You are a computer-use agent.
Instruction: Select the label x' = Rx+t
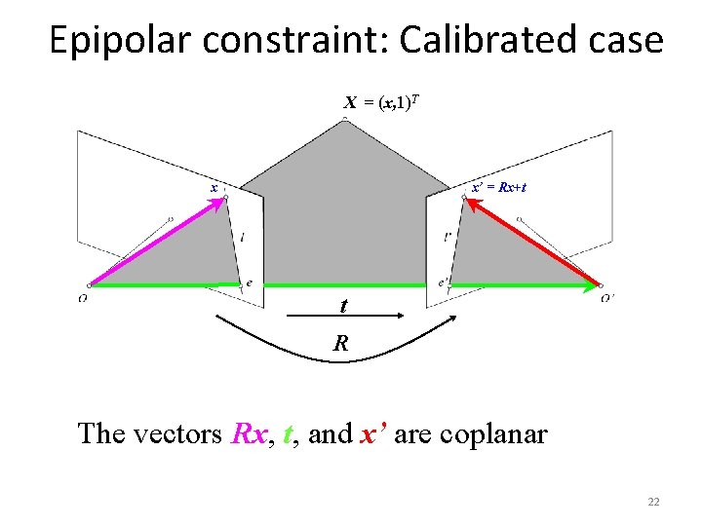tap(499, 187)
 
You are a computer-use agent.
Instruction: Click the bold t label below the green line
tap(343, 305)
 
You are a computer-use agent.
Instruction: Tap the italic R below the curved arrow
tap(340, 343)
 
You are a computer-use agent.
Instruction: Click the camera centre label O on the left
tap(83, 297)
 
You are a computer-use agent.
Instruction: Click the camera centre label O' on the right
tap(607, 297)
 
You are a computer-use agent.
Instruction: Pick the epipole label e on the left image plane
tap(250, 283)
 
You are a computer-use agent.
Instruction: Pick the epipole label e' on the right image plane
tap(443, 283)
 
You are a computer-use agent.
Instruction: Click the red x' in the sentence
tap(375, 432)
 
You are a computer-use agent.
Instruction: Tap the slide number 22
tap(653, 502)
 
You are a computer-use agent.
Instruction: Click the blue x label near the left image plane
tap(214, 188)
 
